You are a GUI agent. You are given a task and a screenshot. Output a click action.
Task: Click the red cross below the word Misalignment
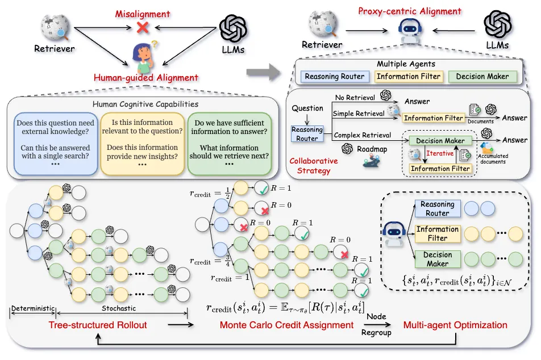(143, 27)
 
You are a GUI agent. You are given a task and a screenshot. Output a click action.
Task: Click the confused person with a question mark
(143, 54)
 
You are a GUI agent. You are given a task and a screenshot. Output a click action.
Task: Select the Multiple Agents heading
(406, 64)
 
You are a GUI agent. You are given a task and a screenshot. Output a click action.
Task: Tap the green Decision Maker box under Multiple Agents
(482, 77)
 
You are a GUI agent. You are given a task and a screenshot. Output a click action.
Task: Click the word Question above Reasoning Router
(307, 108)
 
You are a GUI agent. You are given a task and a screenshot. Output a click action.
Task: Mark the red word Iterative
(440, 153)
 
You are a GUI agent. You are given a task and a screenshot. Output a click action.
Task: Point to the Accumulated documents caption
(493, 158)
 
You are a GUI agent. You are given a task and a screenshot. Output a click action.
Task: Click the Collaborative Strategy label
(314, 165)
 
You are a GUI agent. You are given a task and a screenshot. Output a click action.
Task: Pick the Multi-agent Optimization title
(455, 325)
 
